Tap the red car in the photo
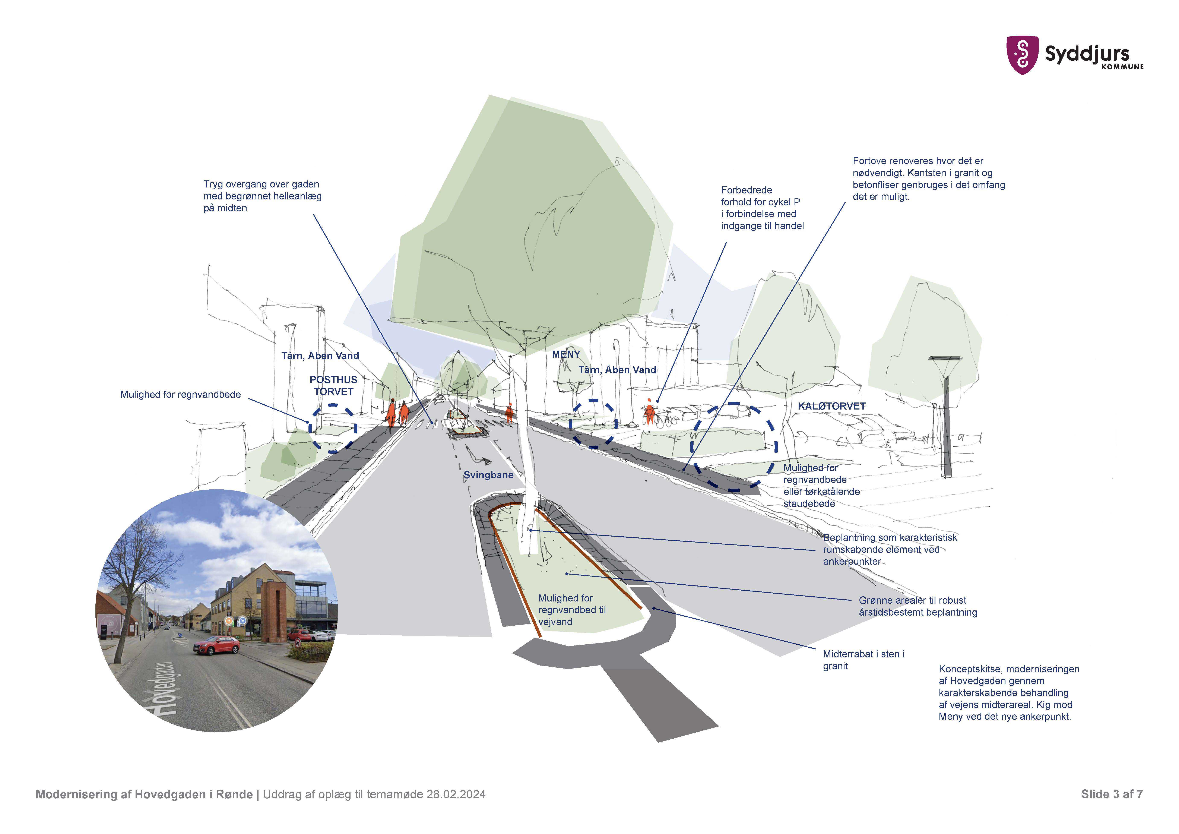[217, 645]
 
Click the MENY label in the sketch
[566, 354]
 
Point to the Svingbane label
[488, 475]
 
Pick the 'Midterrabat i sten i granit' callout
[863, 660]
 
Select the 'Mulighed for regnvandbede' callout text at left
[180, 394]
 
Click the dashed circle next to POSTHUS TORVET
[333, 428]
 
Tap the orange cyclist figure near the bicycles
[650, 412]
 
